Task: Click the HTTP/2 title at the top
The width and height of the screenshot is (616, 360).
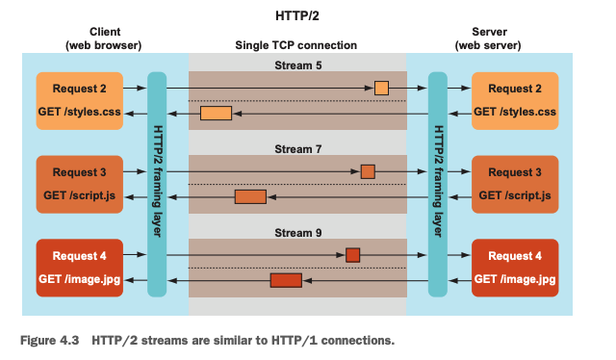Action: tap(297, 16)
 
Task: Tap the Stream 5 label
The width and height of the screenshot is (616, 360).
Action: tap(297, 65)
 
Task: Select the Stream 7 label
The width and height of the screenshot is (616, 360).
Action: tap(297, 149)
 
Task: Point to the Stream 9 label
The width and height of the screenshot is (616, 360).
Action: tap(297, 233)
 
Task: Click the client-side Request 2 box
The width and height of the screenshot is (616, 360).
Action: tap(79, 101)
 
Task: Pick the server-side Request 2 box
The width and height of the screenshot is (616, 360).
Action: tap(515, 101)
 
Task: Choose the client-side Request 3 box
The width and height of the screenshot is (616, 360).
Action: tap(79, 184)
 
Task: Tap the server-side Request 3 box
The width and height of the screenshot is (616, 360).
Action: tap(515, 184)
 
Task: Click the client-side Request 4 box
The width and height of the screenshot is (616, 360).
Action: tap(79, 268)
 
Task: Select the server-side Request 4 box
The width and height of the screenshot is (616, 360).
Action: tap(515, 268)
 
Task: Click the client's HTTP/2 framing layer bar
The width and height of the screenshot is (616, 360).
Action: tap(157, 184)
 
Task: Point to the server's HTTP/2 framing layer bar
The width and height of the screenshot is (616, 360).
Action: tap(438, 184)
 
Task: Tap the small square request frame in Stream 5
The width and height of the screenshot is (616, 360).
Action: tap(381, 88)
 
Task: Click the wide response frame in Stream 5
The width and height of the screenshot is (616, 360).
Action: tap(216, 114)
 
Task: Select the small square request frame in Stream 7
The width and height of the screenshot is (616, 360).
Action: tap(368, 171)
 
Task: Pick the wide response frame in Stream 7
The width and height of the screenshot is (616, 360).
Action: tap(250, 196)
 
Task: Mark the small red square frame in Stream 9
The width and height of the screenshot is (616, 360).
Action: tap(353, 255)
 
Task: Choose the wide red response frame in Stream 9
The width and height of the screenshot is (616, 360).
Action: tap(286, 280)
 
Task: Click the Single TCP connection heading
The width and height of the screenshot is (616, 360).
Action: tap(295, 45)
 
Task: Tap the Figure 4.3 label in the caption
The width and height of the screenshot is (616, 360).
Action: tap(49, 340)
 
